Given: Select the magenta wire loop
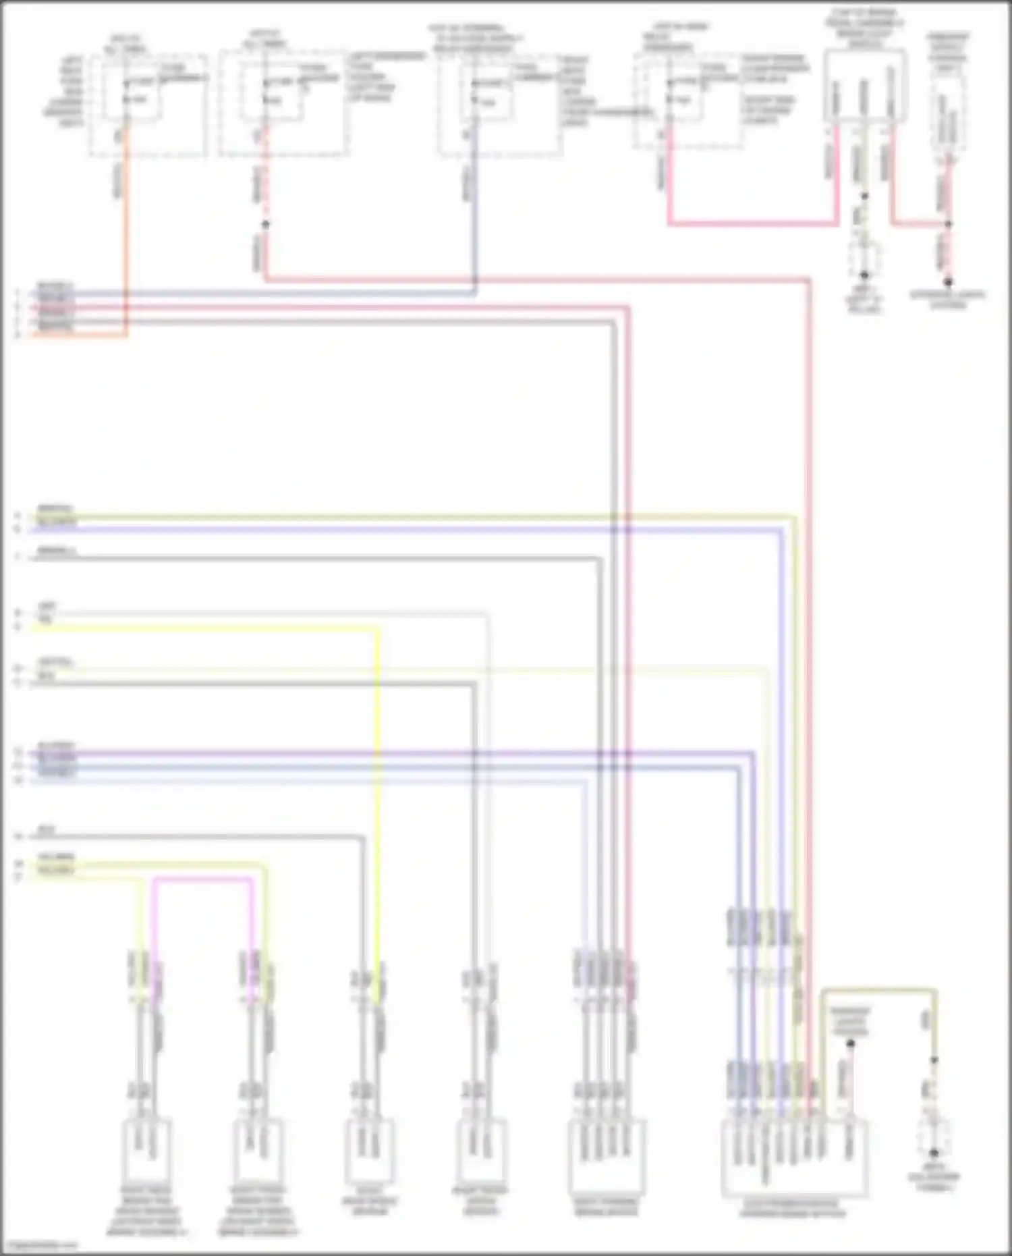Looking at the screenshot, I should click(x=202, y=879).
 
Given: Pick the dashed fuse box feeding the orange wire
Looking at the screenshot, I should click(x=148, y=107).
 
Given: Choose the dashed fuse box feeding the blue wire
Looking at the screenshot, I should click(x=499, y=107).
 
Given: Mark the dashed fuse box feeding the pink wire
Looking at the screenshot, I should click(x=688, y=101).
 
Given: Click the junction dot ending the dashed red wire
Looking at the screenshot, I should click(x=266, y=225).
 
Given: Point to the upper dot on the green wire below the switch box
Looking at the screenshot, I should click(x=864, y=196).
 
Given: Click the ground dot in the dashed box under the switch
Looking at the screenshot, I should click(x=864, y=275).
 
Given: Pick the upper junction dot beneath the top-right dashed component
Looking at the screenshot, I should click(x=948, y=224).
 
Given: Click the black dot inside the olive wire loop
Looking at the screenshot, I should click(x=850, y=1044).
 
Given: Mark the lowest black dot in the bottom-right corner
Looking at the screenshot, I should click(x=934, y=1153).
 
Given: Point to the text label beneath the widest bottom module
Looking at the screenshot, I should click(x=792, y=1208).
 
